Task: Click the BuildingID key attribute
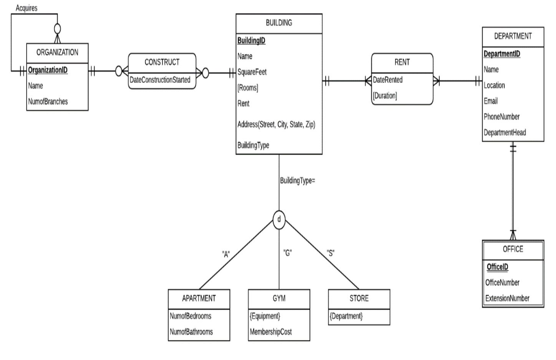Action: point(251,41)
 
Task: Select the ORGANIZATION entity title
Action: point(57,53)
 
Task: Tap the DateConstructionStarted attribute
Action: point(160,80)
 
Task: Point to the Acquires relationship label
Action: point(26,8)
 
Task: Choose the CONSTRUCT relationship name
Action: point(162,62)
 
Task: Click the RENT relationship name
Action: point(402,62)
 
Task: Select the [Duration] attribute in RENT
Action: point(385,96)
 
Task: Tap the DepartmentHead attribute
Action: point(505,133)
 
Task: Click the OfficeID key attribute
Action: point(497,267)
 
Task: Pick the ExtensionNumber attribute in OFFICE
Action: point(507,299)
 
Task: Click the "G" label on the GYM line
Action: point(288,253)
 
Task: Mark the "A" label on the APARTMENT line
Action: point(226,254)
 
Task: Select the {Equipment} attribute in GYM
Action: point(265,316)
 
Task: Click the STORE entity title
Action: point(359,299)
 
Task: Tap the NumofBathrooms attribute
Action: point(191,332)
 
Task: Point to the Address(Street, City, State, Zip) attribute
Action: point(276,124)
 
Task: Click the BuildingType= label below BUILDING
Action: point(297,181)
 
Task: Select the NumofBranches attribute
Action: point(48,102)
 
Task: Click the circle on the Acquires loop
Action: point(57,28)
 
